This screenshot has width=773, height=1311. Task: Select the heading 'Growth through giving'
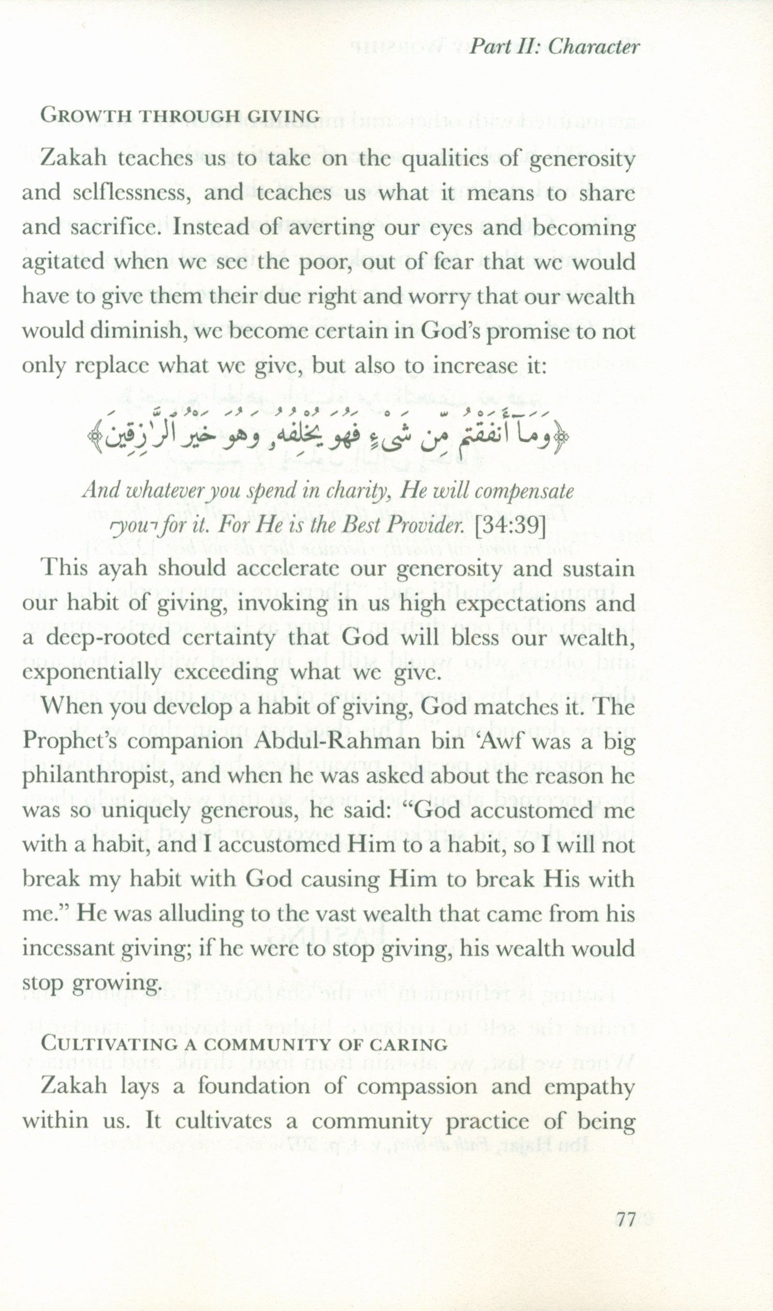click(180, 115)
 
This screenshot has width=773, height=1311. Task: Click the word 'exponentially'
click(91, 673)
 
